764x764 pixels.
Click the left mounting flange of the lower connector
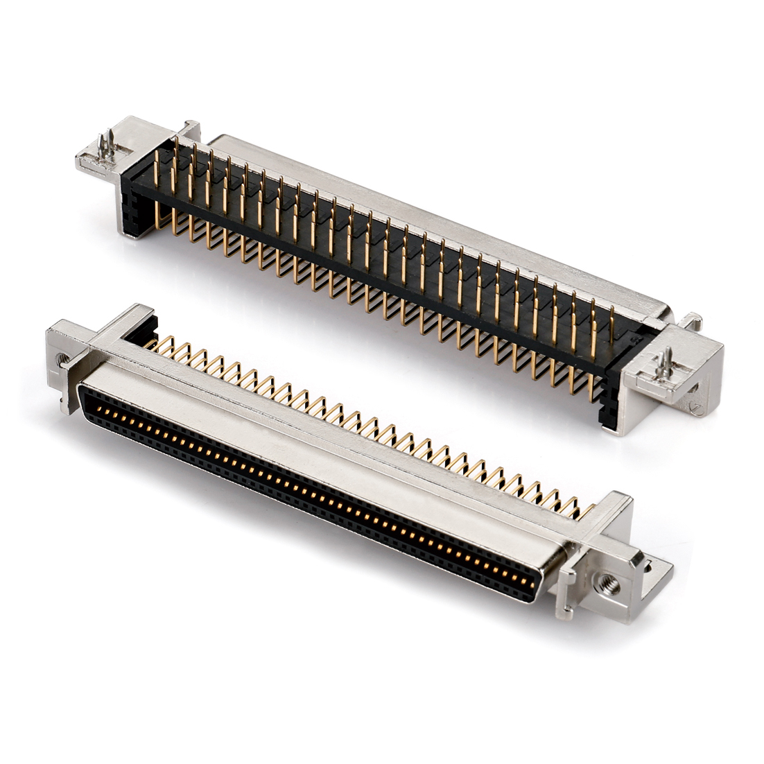click(66, 361)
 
